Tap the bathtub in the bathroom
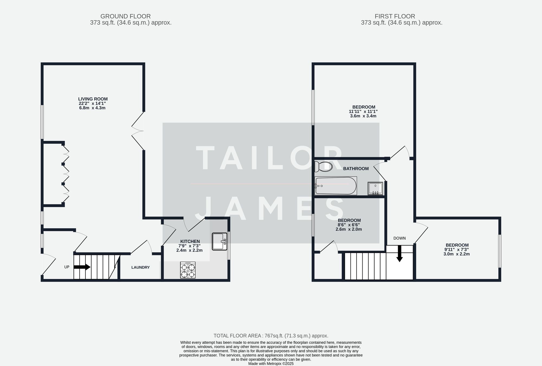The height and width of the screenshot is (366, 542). [335, 186]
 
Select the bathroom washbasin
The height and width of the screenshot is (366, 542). [375, 188]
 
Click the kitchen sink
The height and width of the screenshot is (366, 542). [220, 241]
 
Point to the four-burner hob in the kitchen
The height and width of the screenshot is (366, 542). [188, 270]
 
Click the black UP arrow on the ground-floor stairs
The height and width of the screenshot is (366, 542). [82, 267]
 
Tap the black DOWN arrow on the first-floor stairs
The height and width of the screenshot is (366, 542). [399, 254]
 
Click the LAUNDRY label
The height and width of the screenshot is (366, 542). [140, 267]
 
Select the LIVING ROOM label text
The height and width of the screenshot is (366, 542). [93, 99]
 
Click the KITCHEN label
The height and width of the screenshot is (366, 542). [190, 241]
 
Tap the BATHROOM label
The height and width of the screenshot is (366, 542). [356, 169]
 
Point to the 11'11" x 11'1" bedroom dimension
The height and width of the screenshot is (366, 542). [363, 111]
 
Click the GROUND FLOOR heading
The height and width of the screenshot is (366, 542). [125, 16]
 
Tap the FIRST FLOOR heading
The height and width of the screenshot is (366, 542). [395, 16]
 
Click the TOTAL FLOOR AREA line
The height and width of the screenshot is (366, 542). [271, 336]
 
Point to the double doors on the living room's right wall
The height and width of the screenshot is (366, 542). [138, 131]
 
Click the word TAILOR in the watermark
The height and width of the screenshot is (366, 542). [270, 158]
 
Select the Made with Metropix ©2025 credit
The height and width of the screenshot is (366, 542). [271, 364]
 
